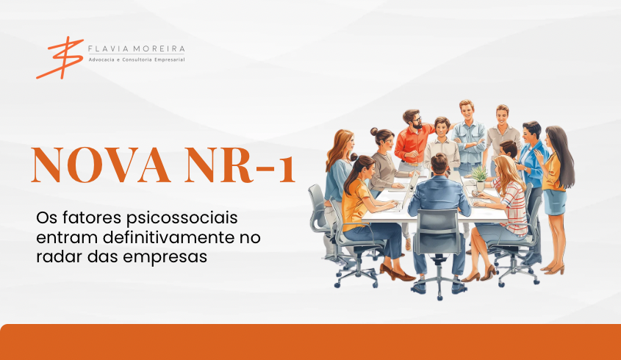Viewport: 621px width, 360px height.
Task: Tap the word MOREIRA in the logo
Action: pos(159,49)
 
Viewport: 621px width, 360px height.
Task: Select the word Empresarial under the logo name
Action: pos(170,60)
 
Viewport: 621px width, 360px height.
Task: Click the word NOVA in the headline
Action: pos(101,165)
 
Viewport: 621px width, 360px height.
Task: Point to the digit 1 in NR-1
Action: pos(287,170)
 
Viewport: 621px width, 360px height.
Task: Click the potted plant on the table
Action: pos(480,179)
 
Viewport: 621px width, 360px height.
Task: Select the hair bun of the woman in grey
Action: pos(374,132)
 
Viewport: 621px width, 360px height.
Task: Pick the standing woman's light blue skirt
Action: pos(555,202)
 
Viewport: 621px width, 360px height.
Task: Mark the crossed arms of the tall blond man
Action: pos(470,143)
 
